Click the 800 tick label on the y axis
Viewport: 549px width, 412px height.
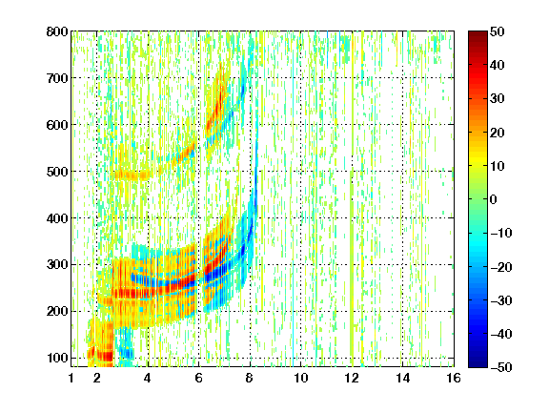pos(57,31)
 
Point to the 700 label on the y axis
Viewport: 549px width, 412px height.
pos(57,78)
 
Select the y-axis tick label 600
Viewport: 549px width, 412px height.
pos(57,125)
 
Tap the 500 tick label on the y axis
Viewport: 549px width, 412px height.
pos(57,172)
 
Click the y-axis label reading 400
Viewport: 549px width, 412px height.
pos(57,218)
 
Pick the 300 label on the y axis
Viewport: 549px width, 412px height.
pos(57,265)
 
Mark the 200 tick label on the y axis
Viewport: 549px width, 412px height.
pos(57,312)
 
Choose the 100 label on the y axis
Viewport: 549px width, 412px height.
pos(57,358)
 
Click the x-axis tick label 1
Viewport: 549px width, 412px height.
pos(71,378)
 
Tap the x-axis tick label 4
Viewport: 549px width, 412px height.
pos(148,378)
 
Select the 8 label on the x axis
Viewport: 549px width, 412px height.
pos(250,378)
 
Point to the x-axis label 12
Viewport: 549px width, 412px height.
pos(352,378)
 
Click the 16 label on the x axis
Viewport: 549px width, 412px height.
pos(454,378)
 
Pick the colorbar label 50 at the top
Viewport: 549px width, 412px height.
pos(497,31)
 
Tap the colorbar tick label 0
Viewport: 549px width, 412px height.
pos(494,199)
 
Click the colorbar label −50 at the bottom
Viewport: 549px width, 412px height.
pos(500,367)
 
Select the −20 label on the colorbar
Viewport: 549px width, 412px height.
pos(500,267)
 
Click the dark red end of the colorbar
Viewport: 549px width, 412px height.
pos(478,35)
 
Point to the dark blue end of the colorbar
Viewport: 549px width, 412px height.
pos(478,363)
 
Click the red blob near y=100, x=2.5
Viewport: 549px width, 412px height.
pos(104,356)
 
